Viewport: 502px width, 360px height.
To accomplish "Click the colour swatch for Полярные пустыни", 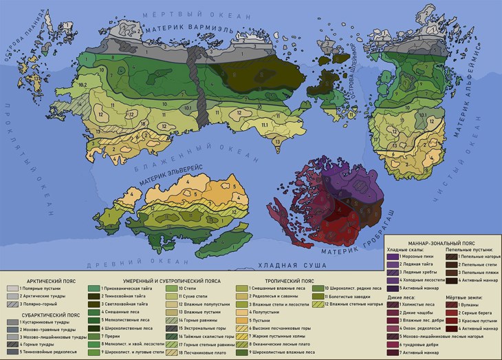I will click(x=12, y=289).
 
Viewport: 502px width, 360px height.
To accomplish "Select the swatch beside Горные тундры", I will click(x=12, y=343).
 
